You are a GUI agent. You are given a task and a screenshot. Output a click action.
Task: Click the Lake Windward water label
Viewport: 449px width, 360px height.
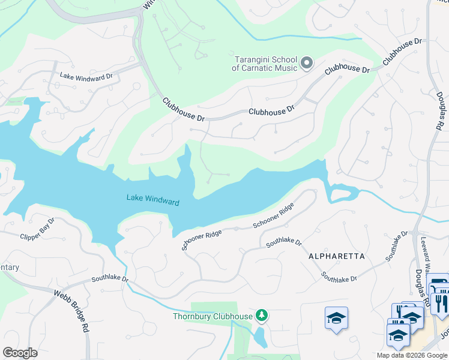click(152, 200)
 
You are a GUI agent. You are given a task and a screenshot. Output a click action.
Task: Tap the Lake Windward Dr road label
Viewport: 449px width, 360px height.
click(86, 76)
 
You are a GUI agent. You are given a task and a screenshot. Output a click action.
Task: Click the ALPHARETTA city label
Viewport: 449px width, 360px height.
click(336, 256)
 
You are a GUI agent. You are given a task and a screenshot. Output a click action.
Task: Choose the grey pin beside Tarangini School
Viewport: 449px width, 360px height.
click(307, 62)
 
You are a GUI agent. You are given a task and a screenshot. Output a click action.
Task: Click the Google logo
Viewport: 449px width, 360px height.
click(20, 352)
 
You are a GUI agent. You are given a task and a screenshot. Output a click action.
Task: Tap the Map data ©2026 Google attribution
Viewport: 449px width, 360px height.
click(412, 355)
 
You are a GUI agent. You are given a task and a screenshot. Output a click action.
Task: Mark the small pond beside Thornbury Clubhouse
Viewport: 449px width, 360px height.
click(260, 337)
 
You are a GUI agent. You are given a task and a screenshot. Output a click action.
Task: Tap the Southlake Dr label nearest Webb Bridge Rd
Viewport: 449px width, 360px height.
click(110, 279)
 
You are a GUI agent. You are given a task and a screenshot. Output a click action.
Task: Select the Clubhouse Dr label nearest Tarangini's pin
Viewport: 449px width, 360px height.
click(346, 71)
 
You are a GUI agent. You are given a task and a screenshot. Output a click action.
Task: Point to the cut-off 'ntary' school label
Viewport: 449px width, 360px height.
click(10, 268)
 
